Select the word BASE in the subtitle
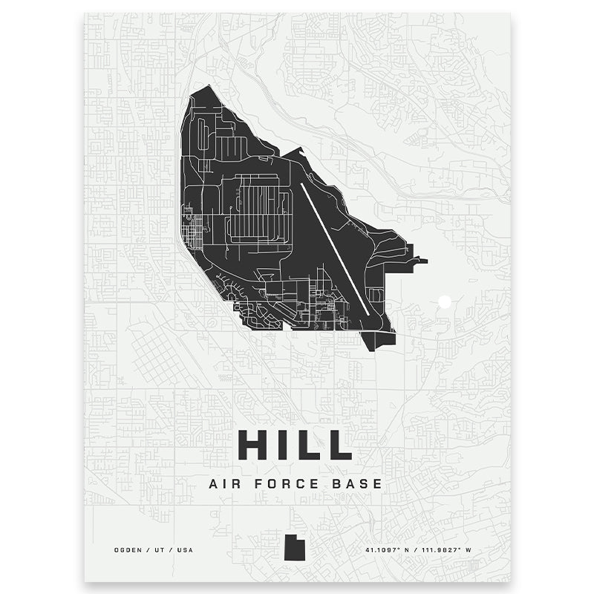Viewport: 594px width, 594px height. pyautogui.click(x=359, y=483)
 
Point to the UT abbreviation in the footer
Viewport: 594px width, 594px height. pyautogui.click(x=160, y=550)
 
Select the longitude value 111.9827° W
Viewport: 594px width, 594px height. pyautogui.click(x=449, y=550)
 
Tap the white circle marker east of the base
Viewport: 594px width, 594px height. pyautogui.click(x=445, y=301)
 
